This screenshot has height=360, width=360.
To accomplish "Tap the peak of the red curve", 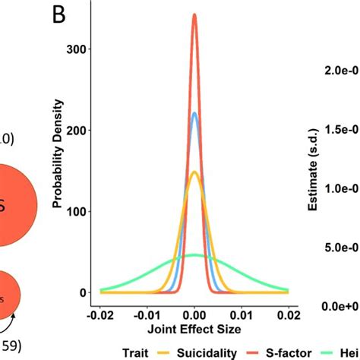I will click(x=194, y=15).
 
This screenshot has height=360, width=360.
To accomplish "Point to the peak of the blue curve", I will click(x=194, y=113).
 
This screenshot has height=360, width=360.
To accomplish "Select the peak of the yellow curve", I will click(x=194, y=172).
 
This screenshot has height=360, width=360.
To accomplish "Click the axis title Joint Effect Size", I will click(x=194, y=330).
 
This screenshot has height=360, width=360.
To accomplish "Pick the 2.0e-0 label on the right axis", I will click(x=339, y=70).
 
